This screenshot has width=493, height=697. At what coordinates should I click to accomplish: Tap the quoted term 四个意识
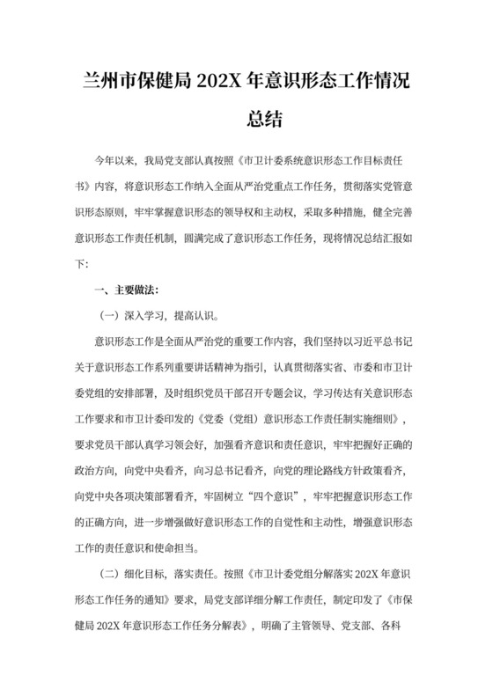267,492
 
